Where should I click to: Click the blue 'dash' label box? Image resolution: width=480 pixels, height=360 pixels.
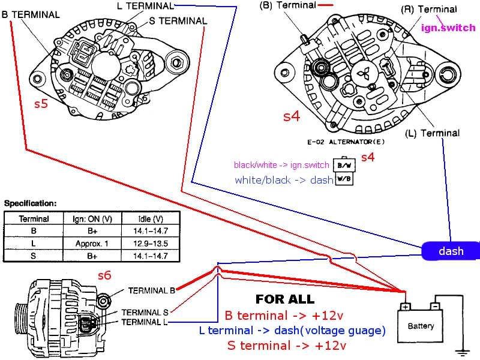click(x=451, y=251)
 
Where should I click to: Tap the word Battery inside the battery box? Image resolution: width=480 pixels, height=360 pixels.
click(x=421, y=326)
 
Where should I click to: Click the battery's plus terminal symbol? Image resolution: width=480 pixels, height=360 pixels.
click(x=405, y=307)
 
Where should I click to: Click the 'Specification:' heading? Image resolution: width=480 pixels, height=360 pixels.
click(x=30, y=203)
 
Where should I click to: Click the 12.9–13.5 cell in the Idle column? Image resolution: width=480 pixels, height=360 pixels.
click(x=149, y=244)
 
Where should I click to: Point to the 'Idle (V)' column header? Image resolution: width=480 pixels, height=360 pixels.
click(x=149, y=219)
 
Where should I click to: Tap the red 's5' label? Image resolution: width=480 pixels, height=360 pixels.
click(x=41, y=104)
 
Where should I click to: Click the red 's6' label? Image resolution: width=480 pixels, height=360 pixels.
click(x=104, y=275)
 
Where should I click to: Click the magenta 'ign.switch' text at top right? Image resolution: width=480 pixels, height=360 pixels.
click(x=448, y=28)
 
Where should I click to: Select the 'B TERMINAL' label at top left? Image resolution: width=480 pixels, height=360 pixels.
click(x=31, y=14)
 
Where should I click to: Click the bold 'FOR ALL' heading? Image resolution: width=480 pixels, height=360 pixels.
click(x=284, y=299)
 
